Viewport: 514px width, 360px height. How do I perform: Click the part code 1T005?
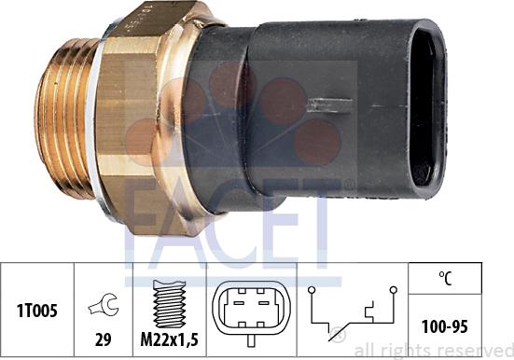[x=37, y=311]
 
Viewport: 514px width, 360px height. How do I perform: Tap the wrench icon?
[x=104, y=304]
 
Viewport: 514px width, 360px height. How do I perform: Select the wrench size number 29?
[x=103, y=339]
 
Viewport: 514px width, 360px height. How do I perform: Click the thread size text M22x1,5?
[x=169, y=340]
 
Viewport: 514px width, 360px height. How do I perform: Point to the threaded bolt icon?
[x=169, y=304]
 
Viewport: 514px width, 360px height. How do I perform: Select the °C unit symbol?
[x=445, y=279]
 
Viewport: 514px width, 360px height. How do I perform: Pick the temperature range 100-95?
[x=445, y=326]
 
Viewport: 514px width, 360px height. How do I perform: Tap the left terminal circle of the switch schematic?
[x=312, y=290]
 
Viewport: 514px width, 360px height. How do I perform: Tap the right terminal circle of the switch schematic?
[x=394, y=290]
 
